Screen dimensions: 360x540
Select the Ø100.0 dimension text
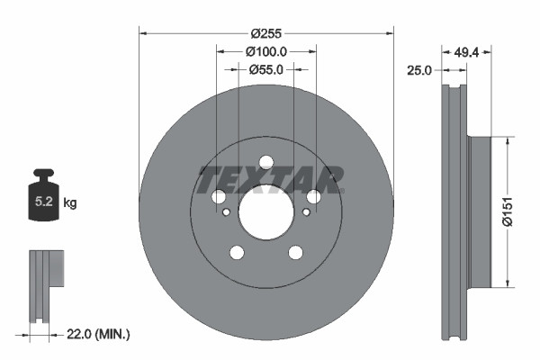266,51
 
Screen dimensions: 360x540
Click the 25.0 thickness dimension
420,69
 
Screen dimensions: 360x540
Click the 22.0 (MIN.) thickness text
98,335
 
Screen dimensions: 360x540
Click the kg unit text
70,203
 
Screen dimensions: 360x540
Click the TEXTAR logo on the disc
270,178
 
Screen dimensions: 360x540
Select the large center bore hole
265,212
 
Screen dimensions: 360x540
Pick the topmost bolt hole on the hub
265,163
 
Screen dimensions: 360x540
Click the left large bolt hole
219,197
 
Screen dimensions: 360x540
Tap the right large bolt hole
313,197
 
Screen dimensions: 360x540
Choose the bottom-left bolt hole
237,252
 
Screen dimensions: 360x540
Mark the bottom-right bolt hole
295,252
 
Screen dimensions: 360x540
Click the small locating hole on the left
226,212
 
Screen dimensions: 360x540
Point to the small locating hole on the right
306,212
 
